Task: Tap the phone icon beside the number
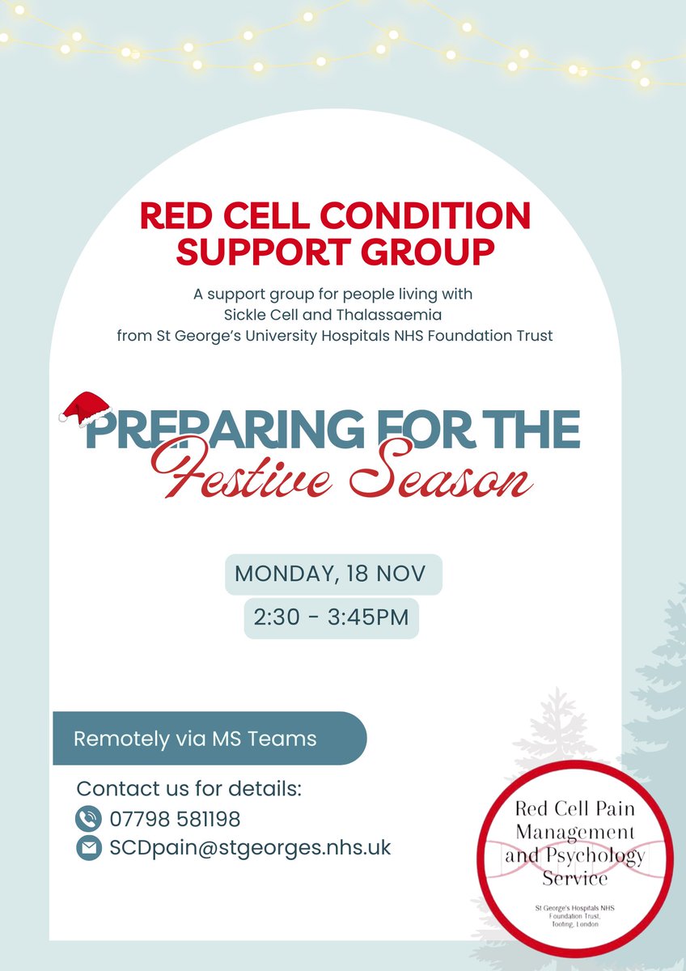pos(87,819)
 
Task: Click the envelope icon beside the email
pos(87,848)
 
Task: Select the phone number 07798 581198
pos(175,819)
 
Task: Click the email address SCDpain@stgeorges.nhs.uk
pos(250,848)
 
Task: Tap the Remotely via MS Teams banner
pos(195,739)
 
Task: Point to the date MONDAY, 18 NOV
pos(333,575)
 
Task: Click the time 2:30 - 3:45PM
pos(332,617)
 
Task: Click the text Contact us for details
pos(188,789)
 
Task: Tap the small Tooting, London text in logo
pos(574,923)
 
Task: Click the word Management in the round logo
pos(574,832)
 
